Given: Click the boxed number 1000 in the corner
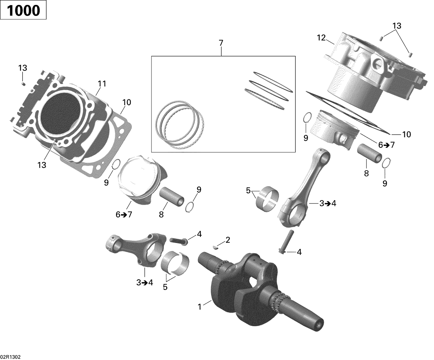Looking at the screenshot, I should coord(23,11).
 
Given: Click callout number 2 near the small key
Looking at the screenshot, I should coord(228,240).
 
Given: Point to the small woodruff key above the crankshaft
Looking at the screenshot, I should coord(216,247).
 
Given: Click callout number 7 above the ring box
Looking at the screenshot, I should coord(221,43).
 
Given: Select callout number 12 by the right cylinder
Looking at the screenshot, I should coord(321,38).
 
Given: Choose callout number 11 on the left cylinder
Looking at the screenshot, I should coord(102,84).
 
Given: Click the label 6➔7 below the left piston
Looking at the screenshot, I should coord(124,215).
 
